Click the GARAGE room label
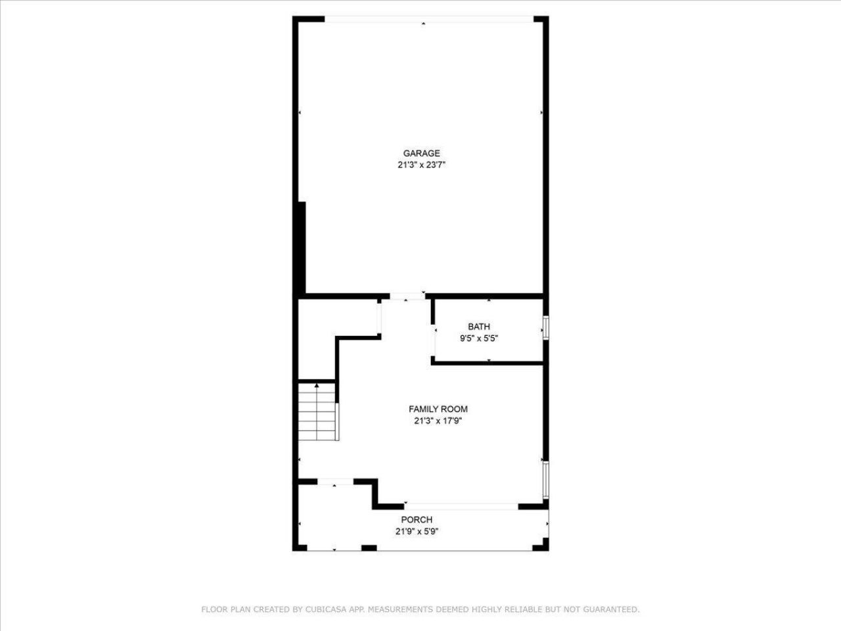click(421, 154)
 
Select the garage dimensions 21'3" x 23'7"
click(421, 166)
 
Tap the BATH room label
click(478, 327)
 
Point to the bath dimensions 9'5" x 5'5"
click(478, 339)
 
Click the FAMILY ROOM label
click(438, 409)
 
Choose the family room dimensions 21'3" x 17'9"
click(438, 421)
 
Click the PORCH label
click(417, 520)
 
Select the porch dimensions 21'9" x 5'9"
click(417, 532)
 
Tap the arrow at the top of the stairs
click(317, 385)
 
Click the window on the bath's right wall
click(545, 327)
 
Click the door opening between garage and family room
click(407, 296)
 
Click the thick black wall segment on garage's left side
click(302, 246)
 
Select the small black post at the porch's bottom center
click(369, 548)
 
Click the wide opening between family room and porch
click(461, 506)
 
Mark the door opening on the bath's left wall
click(433, 342)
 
